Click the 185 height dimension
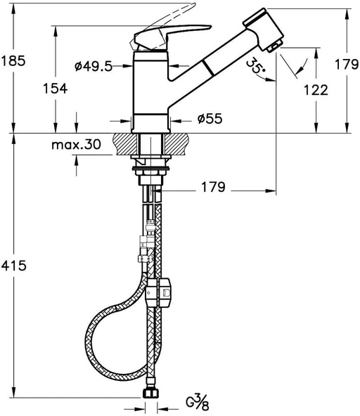(13, 60)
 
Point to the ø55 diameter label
(210, 119)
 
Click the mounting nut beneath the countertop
(150, 169)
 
